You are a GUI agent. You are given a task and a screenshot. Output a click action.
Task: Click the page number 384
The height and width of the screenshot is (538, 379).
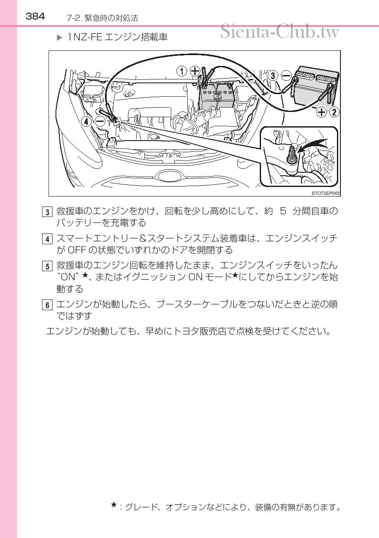(x=35, y=16)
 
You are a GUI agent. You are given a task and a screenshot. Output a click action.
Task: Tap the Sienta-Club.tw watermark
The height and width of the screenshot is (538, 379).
(x=279, y=31)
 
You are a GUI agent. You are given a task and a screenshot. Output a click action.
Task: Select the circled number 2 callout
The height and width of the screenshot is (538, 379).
(x=334, y=112)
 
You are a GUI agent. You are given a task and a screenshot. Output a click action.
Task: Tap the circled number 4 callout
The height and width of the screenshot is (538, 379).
(x=88, y=122)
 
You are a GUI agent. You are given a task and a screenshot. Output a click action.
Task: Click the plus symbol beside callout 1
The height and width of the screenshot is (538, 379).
(x=195, y=70)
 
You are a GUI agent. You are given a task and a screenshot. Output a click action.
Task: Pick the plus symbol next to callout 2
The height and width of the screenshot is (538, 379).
(x=321, y=112)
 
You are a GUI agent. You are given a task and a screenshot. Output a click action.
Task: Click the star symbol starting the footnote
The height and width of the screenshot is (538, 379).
(x=113, y=504)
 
